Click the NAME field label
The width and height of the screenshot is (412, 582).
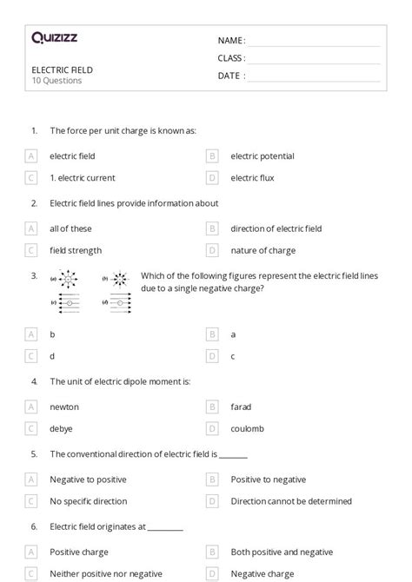point(231,40)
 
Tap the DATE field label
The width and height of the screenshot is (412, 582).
point(231,76)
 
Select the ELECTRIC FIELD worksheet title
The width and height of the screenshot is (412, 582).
point(62,69)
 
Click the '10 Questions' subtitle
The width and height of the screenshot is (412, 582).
point(56,81)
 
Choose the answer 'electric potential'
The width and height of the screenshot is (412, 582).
point(262,156)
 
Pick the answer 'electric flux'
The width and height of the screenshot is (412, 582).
point(252,178)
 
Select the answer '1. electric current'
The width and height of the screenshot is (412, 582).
point(82,178)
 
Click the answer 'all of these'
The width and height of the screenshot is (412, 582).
point(70,228)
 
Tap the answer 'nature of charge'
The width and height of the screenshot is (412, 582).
point(262,250)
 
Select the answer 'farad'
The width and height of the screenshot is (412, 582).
point(241,407)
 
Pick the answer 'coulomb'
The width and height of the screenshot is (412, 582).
point(247,428)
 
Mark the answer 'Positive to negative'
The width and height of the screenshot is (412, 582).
point(268,479)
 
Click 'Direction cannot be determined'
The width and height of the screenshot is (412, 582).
point(291,501)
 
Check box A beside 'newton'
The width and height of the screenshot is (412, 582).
point(31,407)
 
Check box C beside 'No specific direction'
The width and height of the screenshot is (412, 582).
point(31,501)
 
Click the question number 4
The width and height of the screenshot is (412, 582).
point(34,380)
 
